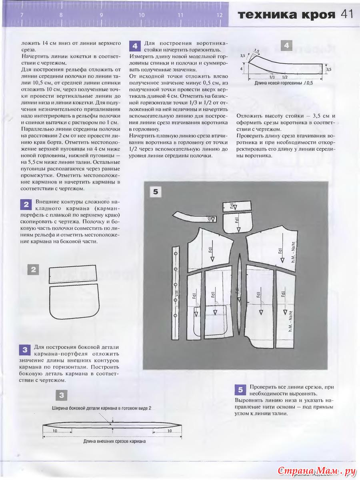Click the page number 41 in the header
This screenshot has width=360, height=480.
346,15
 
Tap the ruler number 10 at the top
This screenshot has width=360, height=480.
141,15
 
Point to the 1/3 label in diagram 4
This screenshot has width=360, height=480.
272,76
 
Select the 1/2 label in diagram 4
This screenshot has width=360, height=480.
284,76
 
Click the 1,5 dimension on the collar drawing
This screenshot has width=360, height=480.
256,51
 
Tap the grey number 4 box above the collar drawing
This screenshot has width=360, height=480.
286,46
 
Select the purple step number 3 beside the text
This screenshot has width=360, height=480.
24,350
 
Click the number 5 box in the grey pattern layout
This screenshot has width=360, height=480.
155,192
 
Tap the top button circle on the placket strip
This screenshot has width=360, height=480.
175,254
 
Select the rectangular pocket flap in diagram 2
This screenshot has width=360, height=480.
73,274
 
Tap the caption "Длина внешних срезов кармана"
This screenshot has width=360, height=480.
114,442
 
